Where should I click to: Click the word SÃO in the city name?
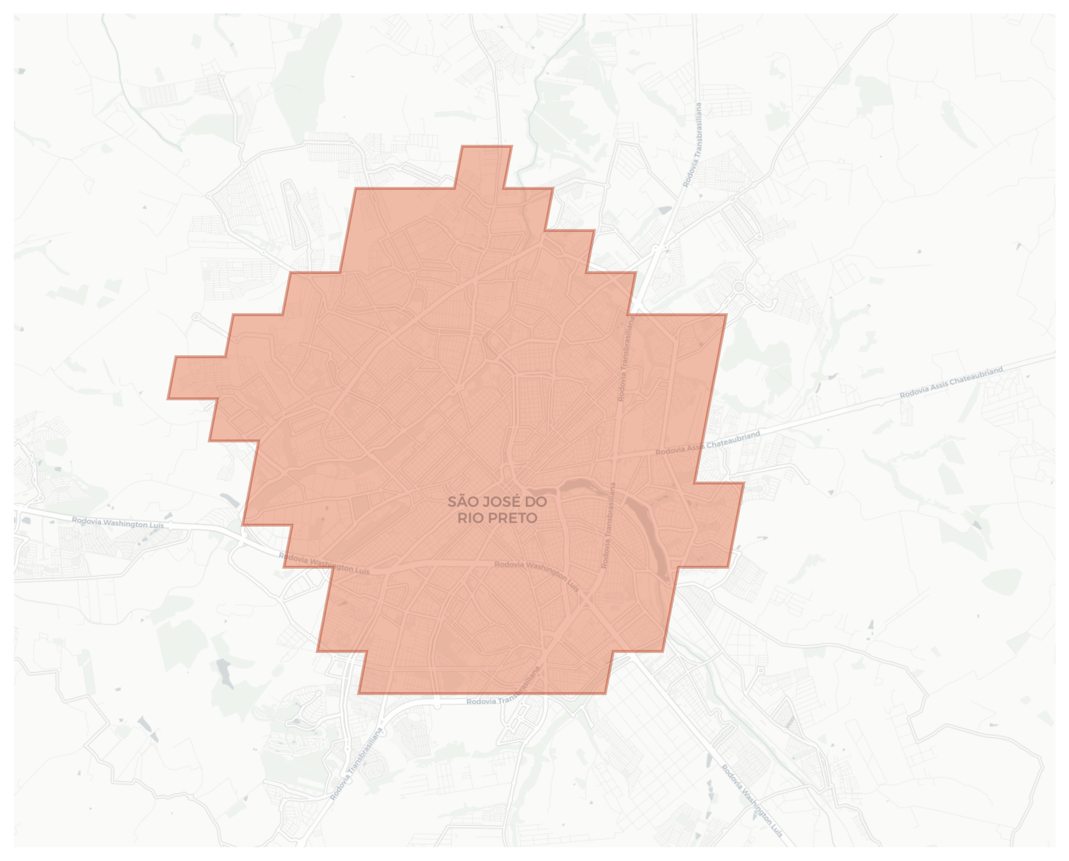[462, 502]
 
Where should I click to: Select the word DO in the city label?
[536, 502]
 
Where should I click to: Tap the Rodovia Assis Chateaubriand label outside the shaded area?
[951, 382]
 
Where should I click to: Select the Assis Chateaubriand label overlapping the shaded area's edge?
[707, 443]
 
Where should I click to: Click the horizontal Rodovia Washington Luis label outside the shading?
[118, 523]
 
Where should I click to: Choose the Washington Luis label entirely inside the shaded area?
[537, 575]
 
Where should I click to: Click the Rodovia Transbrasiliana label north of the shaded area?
[692, 145]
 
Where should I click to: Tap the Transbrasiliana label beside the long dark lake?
[608, 526]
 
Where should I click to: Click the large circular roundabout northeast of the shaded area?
[739, 287]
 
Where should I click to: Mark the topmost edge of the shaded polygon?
[487, 146]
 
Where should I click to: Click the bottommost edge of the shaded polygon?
[481, 693]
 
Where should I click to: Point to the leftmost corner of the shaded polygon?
[168, 398]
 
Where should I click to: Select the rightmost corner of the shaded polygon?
[743, 483]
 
